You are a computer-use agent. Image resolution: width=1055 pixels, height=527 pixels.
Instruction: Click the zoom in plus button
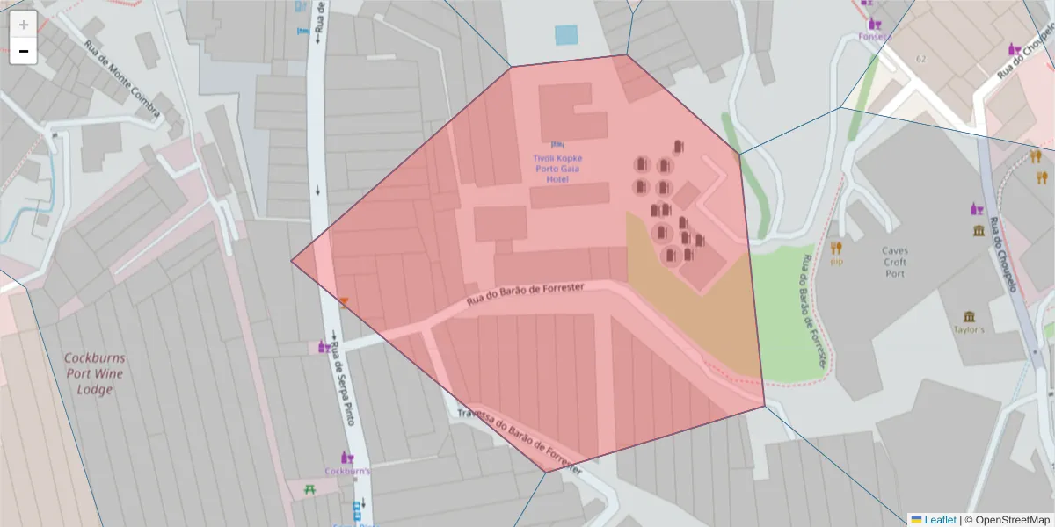point(23,25)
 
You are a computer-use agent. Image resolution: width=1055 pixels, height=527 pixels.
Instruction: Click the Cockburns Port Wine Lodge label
point(94,373)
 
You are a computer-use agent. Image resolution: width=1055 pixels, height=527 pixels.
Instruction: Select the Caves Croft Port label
point(895,262)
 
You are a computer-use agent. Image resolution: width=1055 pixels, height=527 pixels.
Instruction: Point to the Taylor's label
point(969,330)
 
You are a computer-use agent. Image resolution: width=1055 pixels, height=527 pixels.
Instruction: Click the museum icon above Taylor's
point(969,316)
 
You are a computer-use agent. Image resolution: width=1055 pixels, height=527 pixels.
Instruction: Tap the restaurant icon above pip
point(836,248)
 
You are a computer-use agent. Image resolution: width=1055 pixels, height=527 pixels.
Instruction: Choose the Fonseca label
point(875,37)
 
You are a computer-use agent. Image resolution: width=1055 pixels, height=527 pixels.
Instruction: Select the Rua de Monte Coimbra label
point(123,79)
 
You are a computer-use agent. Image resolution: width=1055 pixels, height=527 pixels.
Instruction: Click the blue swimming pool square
point(566,35)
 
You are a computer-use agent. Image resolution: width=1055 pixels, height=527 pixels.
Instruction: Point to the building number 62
point(920,59)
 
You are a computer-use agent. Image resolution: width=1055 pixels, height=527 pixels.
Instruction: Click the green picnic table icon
point(309,488)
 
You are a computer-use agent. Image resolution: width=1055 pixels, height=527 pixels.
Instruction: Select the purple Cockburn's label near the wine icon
point(347,471)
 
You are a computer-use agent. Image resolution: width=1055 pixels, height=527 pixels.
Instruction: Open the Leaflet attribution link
point(939,520)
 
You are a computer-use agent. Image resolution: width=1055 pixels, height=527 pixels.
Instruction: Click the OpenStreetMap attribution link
point(1007,520)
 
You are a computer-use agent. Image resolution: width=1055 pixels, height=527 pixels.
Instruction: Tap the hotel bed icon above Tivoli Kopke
point(557,143)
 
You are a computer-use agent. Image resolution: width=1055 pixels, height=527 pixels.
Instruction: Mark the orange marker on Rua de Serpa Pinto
point(344,301)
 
